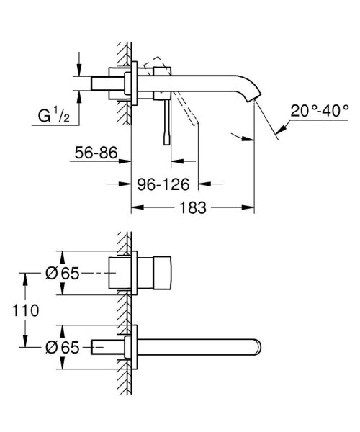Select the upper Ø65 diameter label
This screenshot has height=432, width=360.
[60, 274]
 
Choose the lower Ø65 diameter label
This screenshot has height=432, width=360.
[60, 347]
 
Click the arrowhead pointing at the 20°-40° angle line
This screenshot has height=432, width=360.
[282, 127]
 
